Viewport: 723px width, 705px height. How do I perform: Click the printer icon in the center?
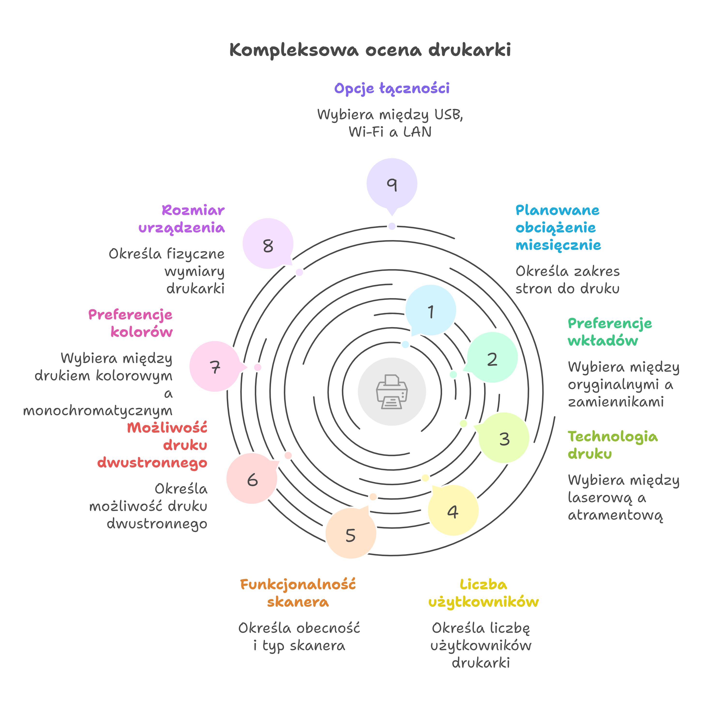coord(392,391)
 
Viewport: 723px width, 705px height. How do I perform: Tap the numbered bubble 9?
coord(392,184)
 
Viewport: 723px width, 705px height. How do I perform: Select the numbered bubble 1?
coord(431,310)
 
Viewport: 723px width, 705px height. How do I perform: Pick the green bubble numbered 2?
coord(492,358)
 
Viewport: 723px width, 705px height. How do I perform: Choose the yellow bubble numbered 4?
coord(453,510)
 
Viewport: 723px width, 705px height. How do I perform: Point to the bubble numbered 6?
coord(252,478)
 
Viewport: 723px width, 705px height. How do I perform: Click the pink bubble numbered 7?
coord(215,367)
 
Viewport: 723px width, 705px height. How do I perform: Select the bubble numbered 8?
coord(268,244)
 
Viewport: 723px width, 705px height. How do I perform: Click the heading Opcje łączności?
coord(392,88)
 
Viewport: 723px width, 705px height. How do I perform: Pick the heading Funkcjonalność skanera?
coord(298,593)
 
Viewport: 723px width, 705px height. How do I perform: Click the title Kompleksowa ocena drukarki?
coord(370,50)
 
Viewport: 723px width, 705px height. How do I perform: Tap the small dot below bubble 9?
coord(392,226)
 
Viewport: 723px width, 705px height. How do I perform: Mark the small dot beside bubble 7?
coord(257,367)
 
